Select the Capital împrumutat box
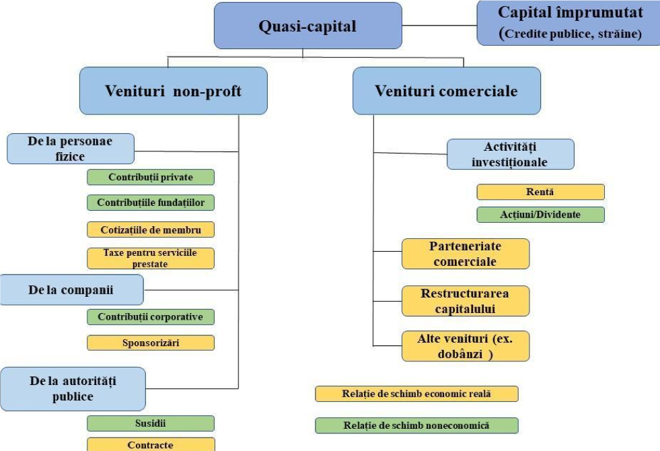click(x=569, y=22)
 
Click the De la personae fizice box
click(x=71, y=148)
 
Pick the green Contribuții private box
click(x=151, y=177)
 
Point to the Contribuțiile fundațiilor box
click(x=151, y=202)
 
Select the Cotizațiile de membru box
click(x=151, y=229)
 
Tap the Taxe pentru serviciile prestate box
click(x=151, y=258)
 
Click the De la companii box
click(x=71, y=291)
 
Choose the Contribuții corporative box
click(x=151, y=316)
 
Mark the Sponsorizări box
click(x=151, y=342)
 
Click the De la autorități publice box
click(x=73, y=388)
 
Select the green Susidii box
click(x=151, y=423)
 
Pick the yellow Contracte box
click(x=151, y=444)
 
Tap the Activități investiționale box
click(x=510, y=153)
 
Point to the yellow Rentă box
click(x=540, y=192)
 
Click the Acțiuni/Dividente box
click(x=540, y=214)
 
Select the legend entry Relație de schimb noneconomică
click(x=416, y=425)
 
